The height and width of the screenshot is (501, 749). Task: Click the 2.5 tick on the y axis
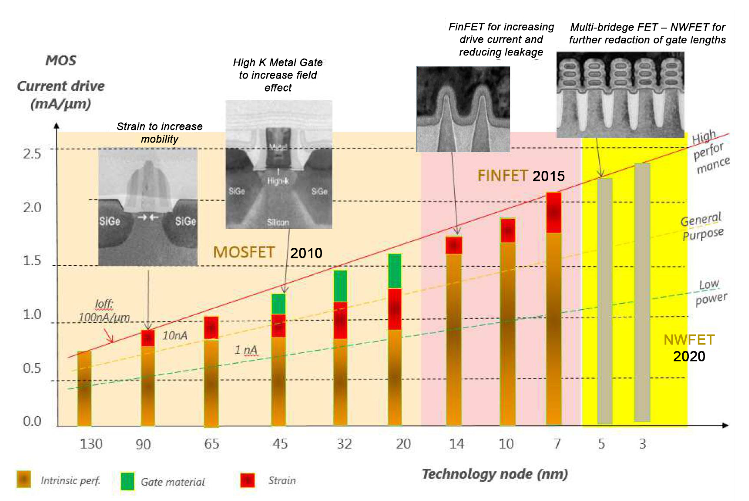point(32,154)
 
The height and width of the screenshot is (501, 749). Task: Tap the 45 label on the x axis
point(280,444)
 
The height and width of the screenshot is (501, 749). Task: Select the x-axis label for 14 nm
point(456,444)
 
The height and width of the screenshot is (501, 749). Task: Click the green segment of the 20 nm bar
point(395,271)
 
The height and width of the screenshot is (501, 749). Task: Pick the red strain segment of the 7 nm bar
point(553,213)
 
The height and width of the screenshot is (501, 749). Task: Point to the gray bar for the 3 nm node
point(642,292)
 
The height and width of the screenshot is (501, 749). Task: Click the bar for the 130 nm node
point(84,388)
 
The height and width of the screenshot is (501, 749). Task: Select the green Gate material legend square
point(127,481)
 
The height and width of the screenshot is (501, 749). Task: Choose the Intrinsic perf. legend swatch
point(24,479)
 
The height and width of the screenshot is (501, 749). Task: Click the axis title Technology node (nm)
point(495,474)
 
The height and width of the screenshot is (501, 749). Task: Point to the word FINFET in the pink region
point(502,176)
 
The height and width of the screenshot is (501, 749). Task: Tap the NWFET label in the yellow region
point(689,340)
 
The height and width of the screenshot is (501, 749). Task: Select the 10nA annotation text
point(175,335)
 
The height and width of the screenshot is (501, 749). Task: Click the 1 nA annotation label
point(246,350)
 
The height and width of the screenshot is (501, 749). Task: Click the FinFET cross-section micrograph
point(463,109)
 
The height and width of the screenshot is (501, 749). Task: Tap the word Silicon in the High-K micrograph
point(278,222)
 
